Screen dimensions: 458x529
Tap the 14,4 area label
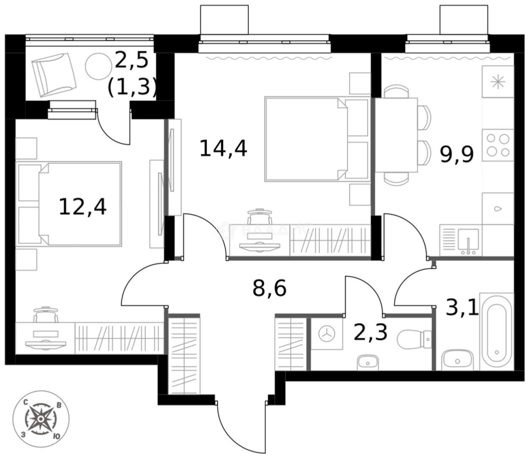[223, 149]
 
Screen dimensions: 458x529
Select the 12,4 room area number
[83, 207]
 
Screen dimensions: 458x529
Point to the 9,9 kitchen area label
[456, 154]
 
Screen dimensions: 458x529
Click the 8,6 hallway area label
[269, 288]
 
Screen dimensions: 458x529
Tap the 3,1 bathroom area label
[462, 308]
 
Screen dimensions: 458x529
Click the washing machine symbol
[327, 334]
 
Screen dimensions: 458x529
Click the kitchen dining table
[395, 135]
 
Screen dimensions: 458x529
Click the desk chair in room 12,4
[46, 316]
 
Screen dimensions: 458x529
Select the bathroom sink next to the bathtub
[457, 360]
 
